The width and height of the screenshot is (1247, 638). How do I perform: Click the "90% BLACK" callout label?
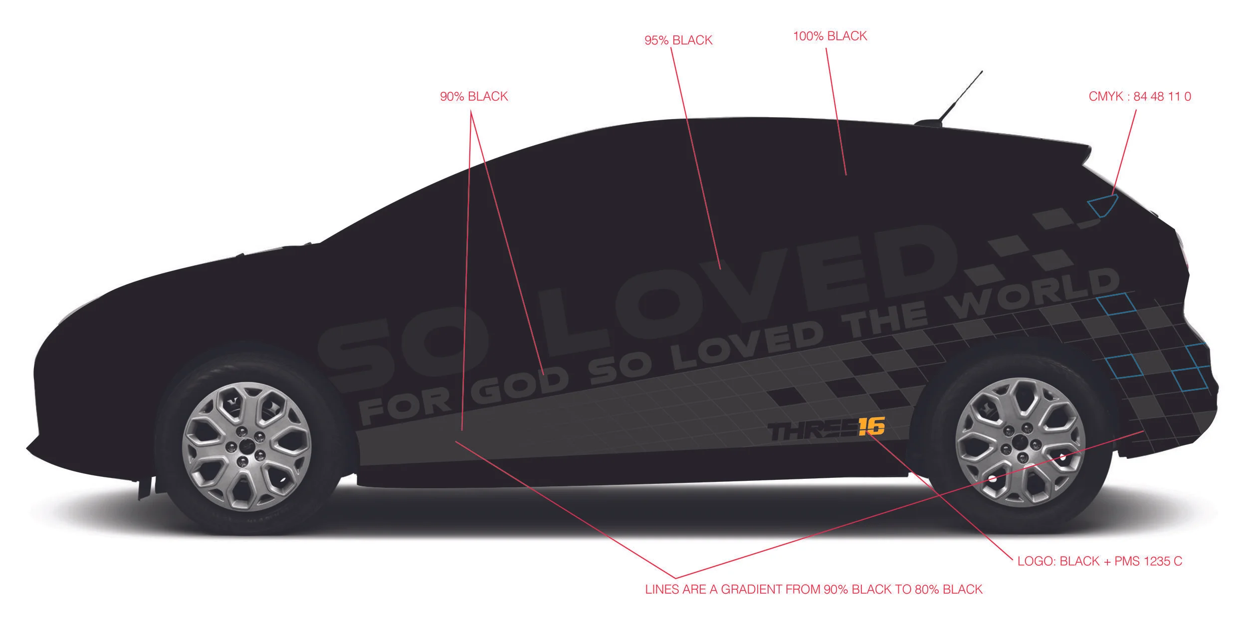(473, 96)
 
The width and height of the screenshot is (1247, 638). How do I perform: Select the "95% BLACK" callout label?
(678, 40)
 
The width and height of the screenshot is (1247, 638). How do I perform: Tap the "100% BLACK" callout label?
(830, 36)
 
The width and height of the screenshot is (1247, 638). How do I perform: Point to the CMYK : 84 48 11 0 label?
(1139, 96)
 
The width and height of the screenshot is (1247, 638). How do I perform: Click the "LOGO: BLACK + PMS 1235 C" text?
(1099, 561)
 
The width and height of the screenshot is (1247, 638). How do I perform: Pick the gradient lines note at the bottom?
(814, 589)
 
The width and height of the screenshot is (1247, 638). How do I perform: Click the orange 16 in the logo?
(871, 426)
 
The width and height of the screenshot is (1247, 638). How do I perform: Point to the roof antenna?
(960, 97)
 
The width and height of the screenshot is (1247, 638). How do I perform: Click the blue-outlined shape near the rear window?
(1103, 205)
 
